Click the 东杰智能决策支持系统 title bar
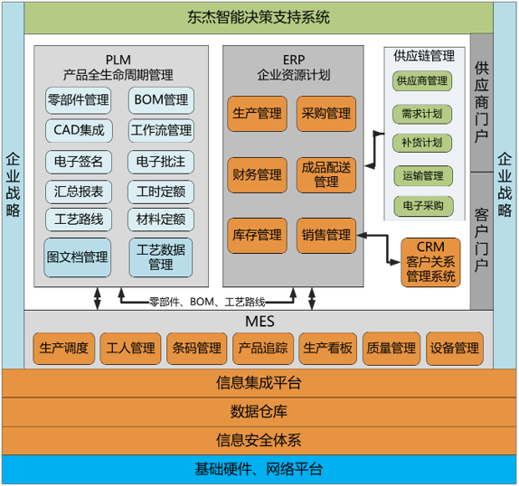click(259, 16)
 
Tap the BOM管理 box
click(160, 99)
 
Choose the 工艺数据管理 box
click(160, 257)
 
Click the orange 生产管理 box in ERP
click(257, 114)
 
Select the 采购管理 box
click(326, 114)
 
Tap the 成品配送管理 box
click(326, 173)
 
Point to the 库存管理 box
click(257, 235)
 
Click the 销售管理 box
click(326, 235)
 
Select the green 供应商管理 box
click(422, 81)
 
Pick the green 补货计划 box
click(422, 143)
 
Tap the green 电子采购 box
click(422, 205)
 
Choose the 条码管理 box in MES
click(196, 347)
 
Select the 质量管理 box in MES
click(391, 347)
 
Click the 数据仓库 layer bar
click(259, 412)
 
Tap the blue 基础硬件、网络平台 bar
click(259, 470)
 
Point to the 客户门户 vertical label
click(481, 239)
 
